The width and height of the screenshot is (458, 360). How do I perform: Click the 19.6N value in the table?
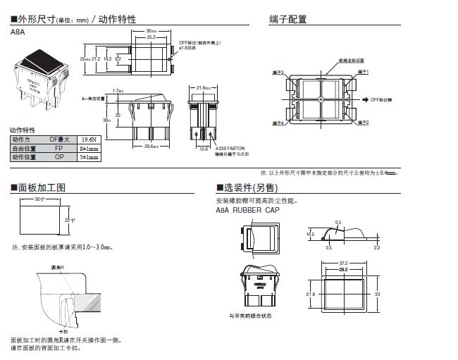pyautogui.click(x=89, y=139)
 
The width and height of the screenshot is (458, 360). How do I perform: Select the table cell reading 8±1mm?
pyautogui.click(x=89, y=149)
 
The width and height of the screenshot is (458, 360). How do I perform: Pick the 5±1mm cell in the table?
pyautogui.click(x=89, y=159)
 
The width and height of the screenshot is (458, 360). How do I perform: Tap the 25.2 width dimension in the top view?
pyautogui.click(x=151, y=37)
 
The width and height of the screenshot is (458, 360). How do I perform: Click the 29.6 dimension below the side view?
pyautogui.click(x=150, y=147)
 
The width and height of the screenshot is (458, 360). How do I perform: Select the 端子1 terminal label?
pyautogui.click(x=364, y=72)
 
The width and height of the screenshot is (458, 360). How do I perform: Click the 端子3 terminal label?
pyautogui.click(x=278, y=72)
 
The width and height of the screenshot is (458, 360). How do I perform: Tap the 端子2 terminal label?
pyautogui.click(x=364, y=123)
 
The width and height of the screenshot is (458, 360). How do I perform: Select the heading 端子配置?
pyautogui.click(x=288, y=19)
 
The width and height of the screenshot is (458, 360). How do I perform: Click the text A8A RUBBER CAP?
pyautogui.click(x=247, y=210)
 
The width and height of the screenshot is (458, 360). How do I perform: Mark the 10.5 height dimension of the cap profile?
pyautogui.click(x=310, y=234)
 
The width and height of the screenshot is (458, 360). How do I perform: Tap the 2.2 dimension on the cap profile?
pyautogui.click(x=377, y=248)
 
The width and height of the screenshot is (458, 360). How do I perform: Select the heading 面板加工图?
pyautogui.click(x=42, y=188)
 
